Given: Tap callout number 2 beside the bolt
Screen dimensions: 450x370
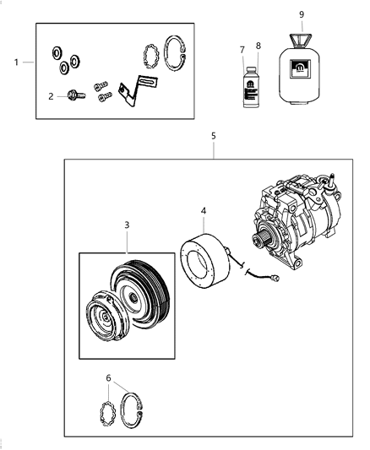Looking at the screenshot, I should click(x=51, y=96).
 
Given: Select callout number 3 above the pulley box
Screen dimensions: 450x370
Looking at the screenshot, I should click(x=127, y=225).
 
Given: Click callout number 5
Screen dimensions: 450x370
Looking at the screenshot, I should click(x=214, y=135).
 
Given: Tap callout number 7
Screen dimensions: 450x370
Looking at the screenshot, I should click(x=242, y=49).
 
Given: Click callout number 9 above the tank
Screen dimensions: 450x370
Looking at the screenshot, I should click(x=302, y=14).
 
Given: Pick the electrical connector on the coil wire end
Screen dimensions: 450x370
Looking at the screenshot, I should click(x=275, y=280).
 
